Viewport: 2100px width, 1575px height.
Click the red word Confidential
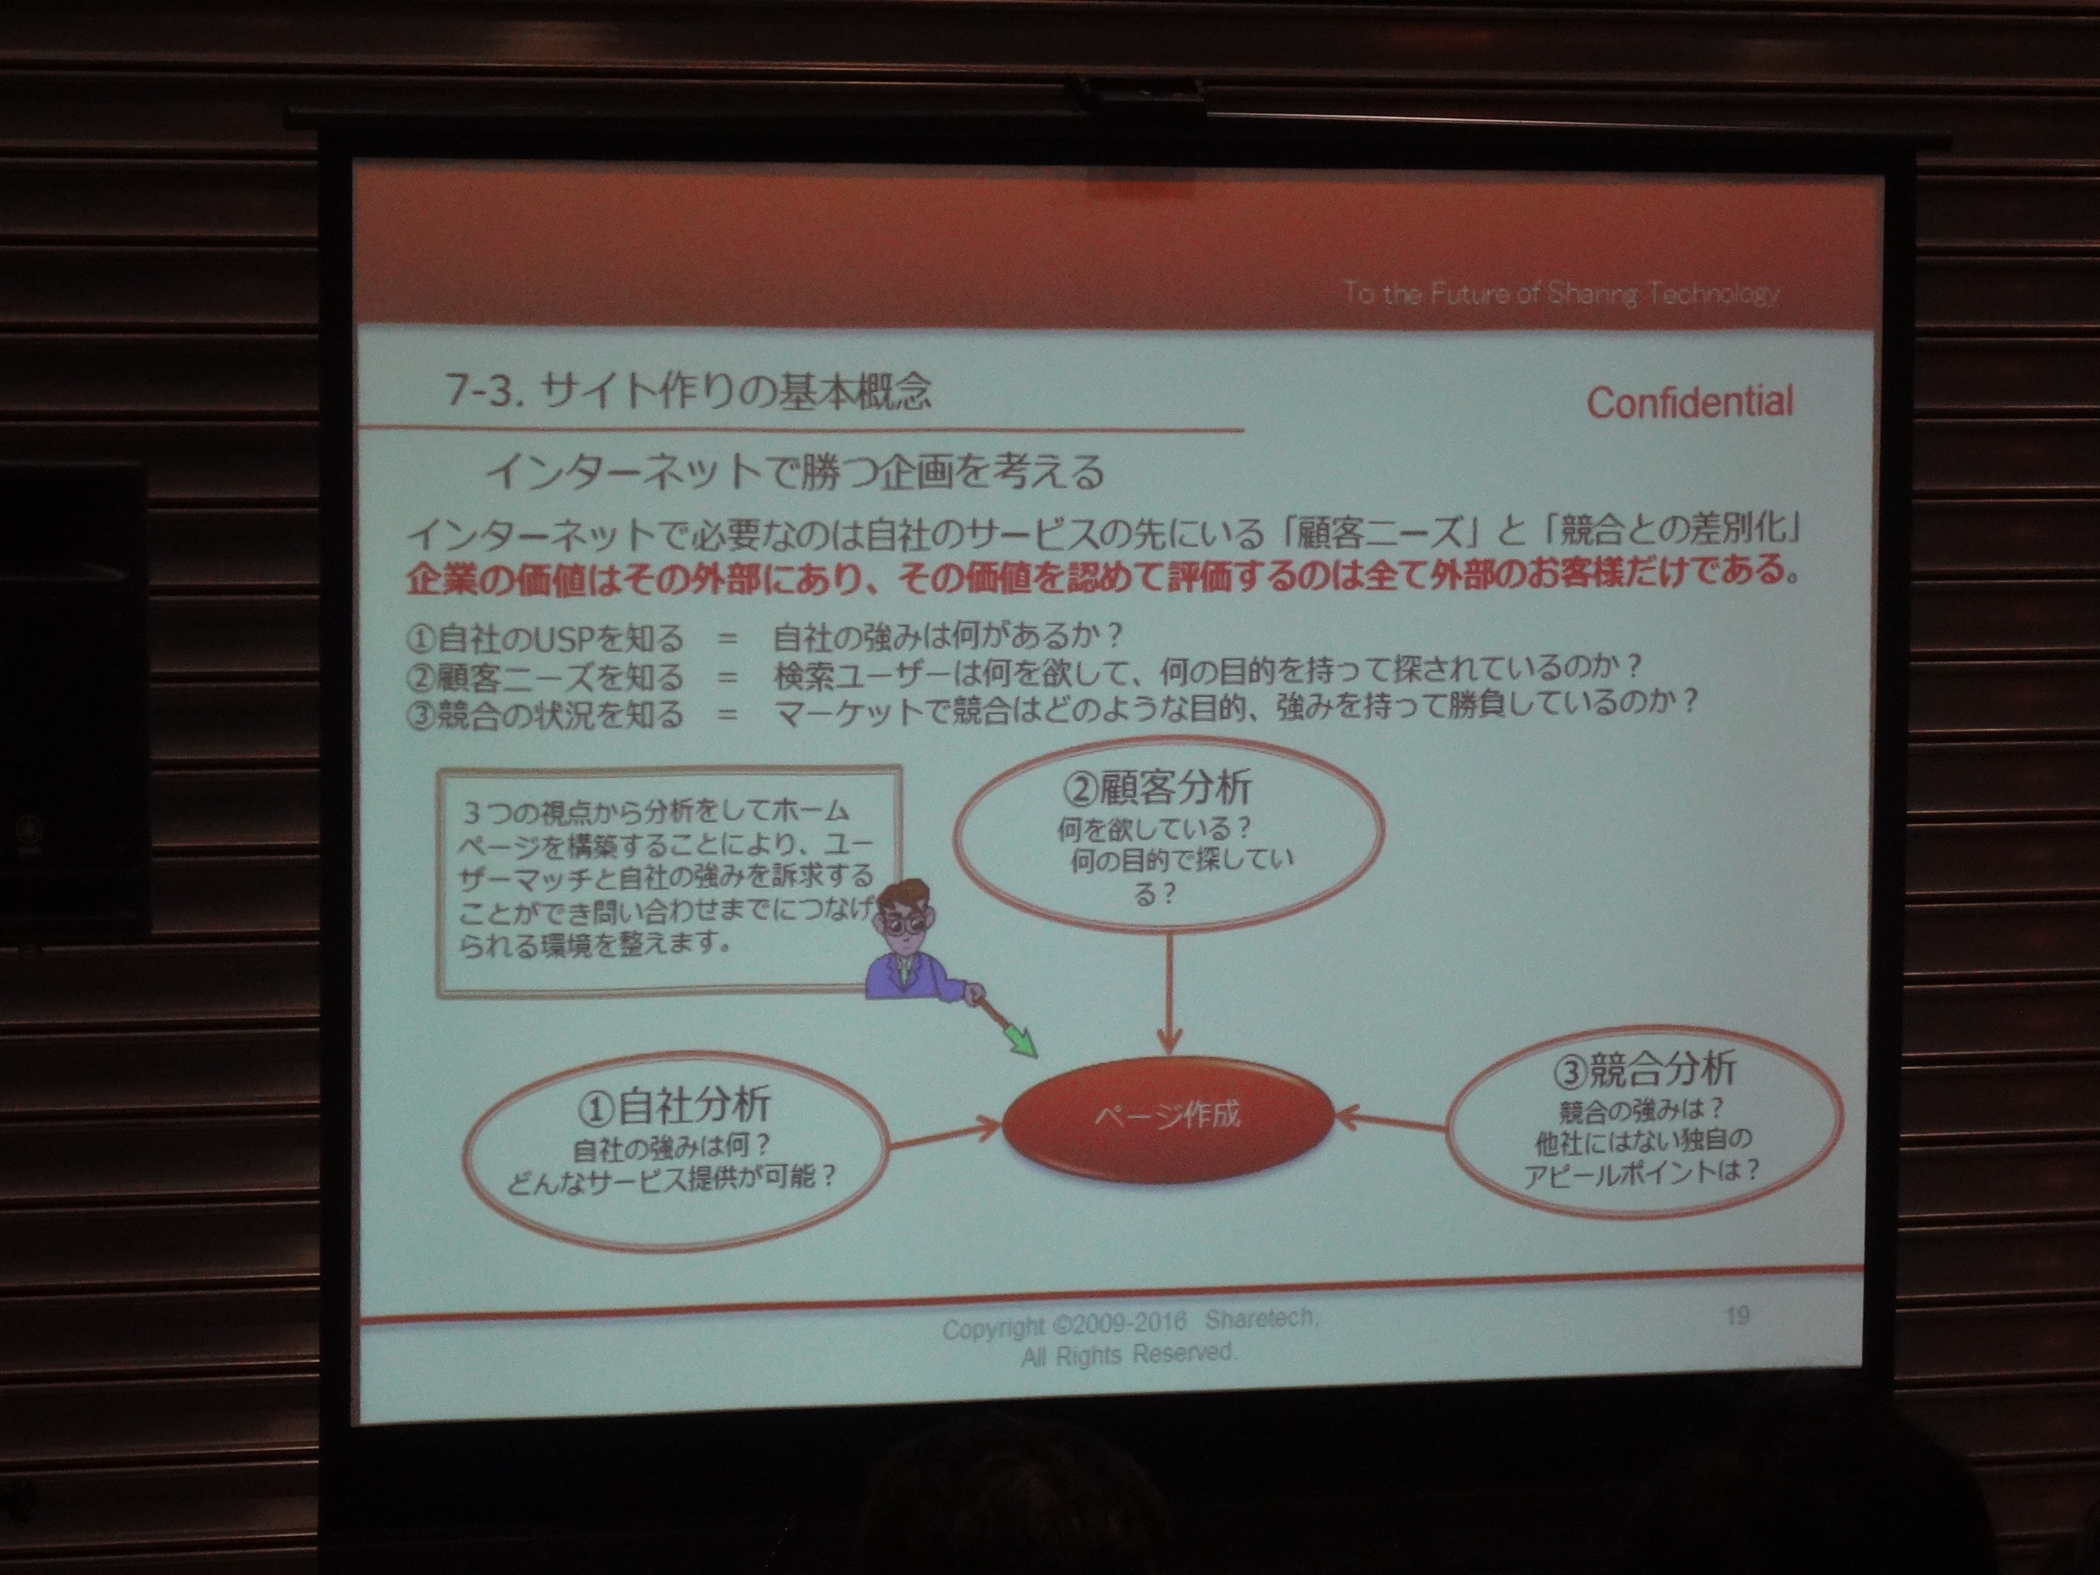1690,403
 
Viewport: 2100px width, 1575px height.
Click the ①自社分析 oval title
673,1105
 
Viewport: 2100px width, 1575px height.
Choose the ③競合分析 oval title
1645,1069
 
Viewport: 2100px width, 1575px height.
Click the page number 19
1737,1316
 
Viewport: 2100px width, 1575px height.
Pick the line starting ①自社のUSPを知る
765,637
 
